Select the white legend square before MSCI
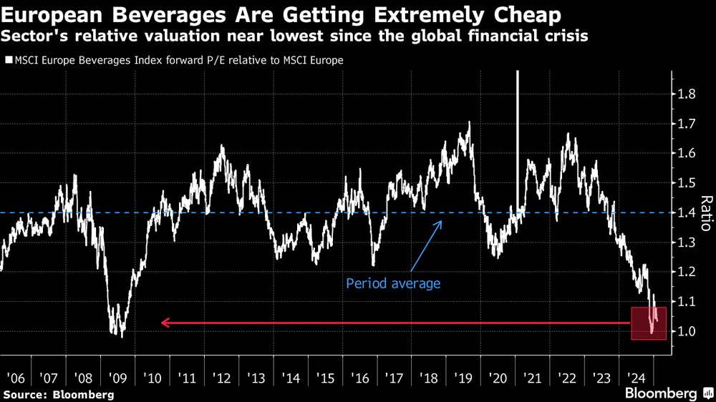8,61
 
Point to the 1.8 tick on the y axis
687,94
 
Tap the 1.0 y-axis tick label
687,331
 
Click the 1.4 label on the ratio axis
687,212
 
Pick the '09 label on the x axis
118,376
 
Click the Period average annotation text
393,283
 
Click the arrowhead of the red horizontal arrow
164,323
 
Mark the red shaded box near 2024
649,323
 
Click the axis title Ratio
705,212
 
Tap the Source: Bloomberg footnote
57,394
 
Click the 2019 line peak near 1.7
469,123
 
